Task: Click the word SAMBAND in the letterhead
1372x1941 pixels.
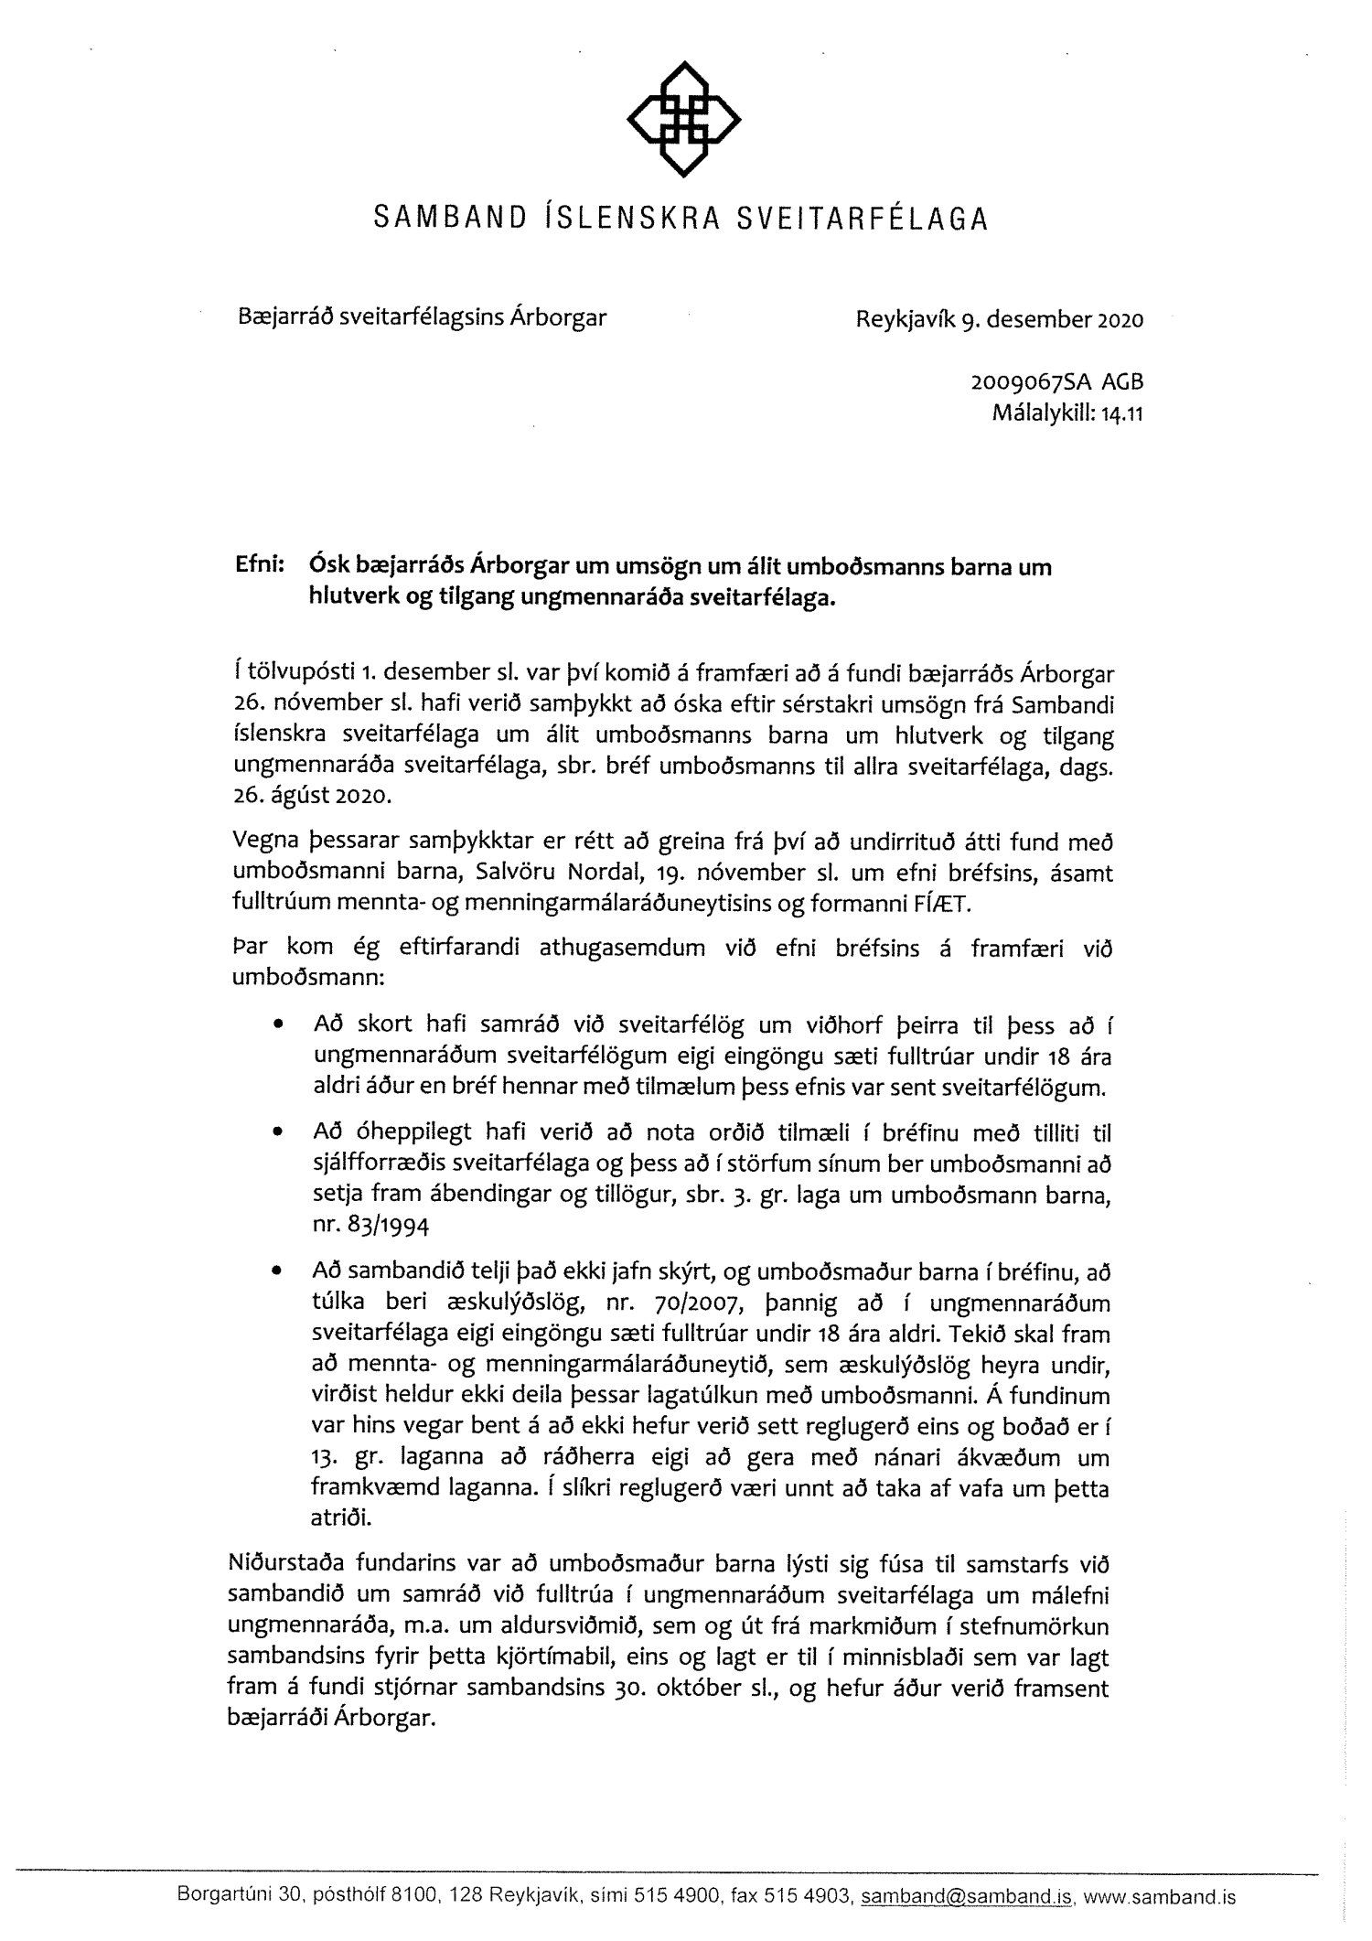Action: pos(450,220)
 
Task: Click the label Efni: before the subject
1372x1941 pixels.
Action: pos(260,567)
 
